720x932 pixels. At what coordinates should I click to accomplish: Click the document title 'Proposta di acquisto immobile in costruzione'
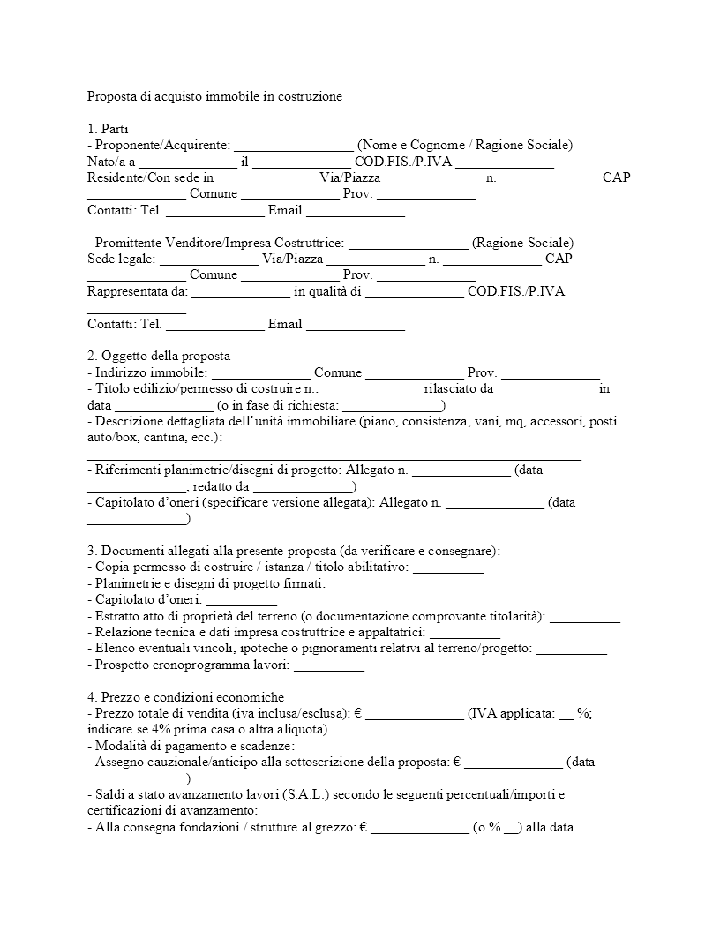click(x=214, y=95)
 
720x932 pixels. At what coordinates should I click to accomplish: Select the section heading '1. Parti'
click(x=108, y=129)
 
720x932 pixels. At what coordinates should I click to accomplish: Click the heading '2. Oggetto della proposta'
click(x=159, y=356)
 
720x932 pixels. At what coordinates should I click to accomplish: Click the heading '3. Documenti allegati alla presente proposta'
click(x=294, y=551)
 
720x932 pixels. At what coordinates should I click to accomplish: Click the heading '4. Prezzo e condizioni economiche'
click(x=186, y=697)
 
